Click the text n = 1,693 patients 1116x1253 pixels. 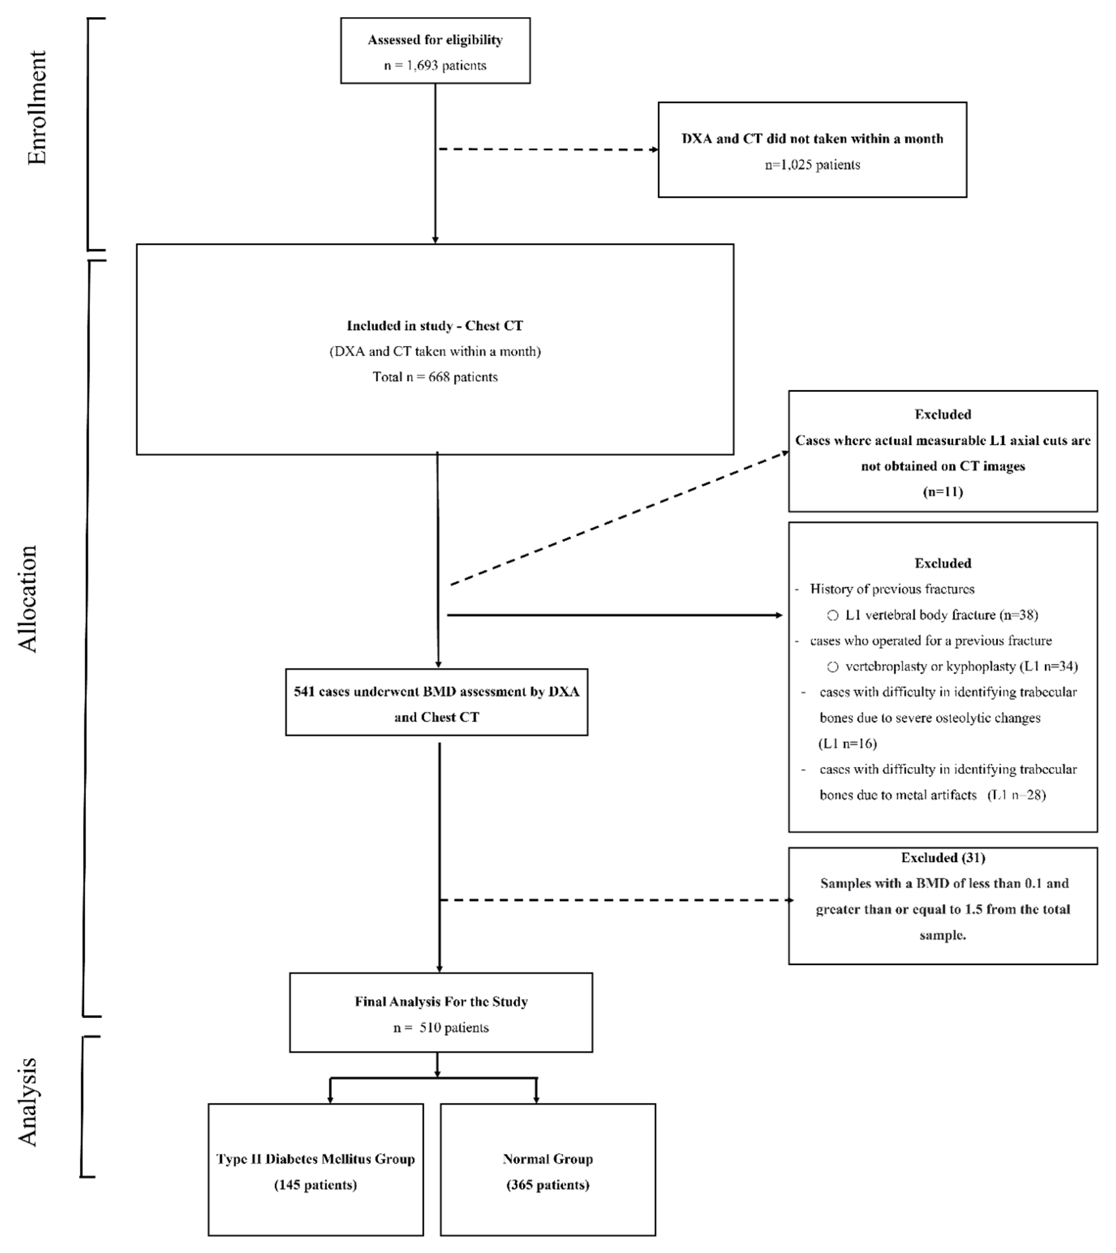(x=435, y=66)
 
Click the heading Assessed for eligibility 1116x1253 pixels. (x=435, y=40)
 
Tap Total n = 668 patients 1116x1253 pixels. (x=435, y=377)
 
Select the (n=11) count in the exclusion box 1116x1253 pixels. (x=942, y=491)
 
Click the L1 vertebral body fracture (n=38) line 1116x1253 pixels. (x=941, y=615)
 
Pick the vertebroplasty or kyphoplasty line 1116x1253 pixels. (x=960, y=666)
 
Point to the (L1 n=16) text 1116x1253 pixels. (x=847, y=744)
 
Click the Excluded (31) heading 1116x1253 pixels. (x=942, y=858)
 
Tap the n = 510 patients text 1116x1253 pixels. (x=441, y=1028)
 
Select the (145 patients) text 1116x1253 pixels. (x=315, y=1185)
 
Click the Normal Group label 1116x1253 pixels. (x=548, y=1159)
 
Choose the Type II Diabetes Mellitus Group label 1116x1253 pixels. (x=315, y=1159)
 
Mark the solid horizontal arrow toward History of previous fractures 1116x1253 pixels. (x=613, y=615)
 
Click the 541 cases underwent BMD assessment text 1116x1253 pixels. (x=436, y=691)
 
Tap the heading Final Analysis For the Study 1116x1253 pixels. (x=441, y=1002)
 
